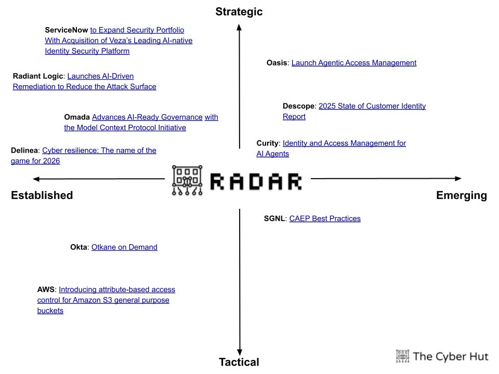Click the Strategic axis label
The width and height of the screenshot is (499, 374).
pos(239,11)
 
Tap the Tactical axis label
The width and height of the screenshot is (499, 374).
pos(239,362)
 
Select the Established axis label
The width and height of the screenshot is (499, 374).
pos(42,195)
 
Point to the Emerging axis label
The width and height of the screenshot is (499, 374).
pos(462,195)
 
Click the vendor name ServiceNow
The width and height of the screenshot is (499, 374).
pos(67,30)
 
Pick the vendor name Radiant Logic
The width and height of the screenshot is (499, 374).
pos(37,76)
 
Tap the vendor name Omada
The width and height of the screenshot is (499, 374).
pos(77,117)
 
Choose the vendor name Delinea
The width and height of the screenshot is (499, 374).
pos(24,150)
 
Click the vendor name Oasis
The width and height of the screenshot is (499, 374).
pos(277,63)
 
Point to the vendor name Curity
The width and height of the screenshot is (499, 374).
pos(268,143)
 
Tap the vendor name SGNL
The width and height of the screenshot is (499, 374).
pos(274,219)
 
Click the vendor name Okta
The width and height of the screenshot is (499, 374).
pos(79,247)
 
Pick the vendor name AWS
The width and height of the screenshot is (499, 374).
pos(46,289)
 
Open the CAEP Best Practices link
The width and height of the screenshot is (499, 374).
pos(325,219)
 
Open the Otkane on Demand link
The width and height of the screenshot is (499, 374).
pos(124,247)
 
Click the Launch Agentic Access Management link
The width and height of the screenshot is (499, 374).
pos(354,63)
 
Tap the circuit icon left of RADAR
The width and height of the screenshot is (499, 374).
pos(187,180)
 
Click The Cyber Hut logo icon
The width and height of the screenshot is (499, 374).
pos(402,355)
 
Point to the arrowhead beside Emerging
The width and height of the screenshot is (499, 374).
pos(457,179)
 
